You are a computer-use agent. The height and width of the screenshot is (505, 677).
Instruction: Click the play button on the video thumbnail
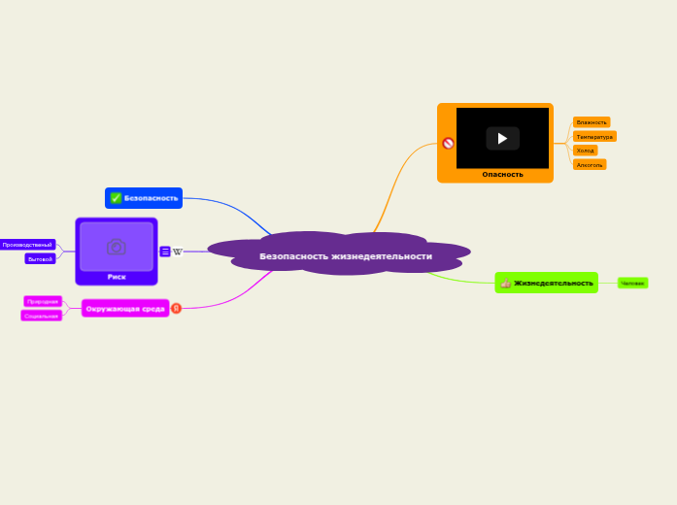[502, 138]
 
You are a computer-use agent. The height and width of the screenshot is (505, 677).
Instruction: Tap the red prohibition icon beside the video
[448, 143]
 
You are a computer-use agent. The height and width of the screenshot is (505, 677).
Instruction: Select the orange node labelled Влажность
[592, 122]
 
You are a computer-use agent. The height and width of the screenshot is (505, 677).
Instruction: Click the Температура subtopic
[594, 137]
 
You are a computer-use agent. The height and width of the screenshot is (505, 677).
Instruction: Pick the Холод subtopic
[585, 151]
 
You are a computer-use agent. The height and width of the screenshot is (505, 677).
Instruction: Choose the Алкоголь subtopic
[590, 165]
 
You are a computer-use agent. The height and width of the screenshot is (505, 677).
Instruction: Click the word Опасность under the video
[502, 175]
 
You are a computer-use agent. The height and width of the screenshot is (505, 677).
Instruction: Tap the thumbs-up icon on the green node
[505, 283]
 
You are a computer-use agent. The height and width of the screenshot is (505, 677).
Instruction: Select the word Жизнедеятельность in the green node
[553, 283]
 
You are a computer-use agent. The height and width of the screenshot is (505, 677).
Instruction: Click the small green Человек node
[632, 283]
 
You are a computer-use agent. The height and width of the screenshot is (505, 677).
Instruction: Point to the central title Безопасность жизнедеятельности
[345, 256]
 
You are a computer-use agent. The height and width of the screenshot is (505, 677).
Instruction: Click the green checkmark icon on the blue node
[116, 198]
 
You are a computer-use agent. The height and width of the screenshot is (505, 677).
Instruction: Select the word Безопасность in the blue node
[151, 198]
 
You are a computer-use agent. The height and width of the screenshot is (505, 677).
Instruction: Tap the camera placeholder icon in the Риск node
[117, 247]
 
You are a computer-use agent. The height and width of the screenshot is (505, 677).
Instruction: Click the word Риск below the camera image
[117, 277]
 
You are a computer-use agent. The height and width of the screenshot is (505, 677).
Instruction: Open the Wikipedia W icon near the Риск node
[178, 252]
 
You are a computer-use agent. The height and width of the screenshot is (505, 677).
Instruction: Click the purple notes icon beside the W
[165, 252]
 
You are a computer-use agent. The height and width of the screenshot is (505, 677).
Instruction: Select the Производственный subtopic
[27, 245]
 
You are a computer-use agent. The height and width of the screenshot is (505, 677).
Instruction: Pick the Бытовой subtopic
[40, 259]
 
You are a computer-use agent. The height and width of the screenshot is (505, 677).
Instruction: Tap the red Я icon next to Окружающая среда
[176, 308]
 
